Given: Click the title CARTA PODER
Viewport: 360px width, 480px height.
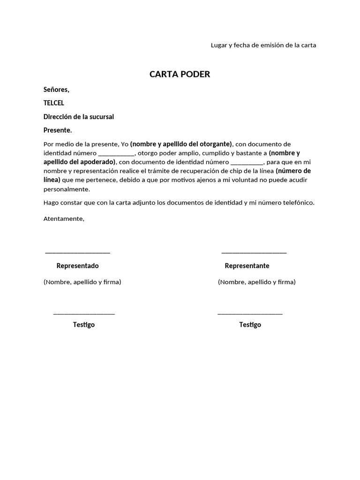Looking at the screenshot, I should [x=180, y=75].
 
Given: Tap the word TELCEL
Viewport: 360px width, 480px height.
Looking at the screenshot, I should [x=54, y=103].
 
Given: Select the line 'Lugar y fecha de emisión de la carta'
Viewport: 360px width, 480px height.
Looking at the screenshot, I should [x=263, y=45].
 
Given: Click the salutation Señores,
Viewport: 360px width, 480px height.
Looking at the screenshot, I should [x=56, y=90].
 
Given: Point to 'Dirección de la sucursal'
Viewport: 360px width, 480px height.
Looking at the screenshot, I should [x=79, y=117].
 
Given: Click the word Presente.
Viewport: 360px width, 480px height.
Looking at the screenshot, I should [x=58, y=130].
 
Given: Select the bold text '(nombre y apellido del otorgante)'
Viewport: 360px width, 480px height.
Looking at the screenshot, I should [x=181, y=144].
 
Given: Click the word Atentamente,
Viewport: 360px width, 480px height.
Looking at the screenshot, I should [x=64, y=219].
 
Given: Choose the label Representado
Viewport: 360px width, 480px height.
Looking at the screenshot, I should [x=77, y=266].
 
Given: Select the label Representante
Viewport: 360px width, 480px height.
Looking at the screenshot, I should [x=247, y=266].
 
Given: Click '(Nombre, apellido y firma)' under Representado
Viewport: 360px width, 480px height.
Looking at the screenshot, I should [x=82, y=282].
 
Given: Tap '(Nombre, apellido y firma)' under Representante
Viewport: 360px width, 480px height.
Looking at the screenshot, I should [x=256, y=282].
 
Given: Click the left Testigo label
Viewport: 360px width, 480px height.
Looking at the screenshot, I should [x=83, y=325].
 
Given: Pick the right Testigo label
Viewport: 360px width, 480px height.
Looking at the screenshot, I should [x=250, y=325].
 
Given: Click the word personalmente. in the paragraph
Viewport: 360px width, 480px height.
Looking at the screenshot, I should [x=66, y=189].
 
